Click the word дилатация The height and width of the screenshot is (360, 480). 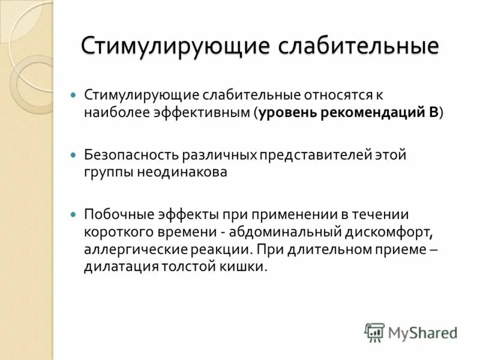click(121, 266)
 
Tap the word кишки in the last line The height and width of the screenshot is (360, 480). click(245, 266)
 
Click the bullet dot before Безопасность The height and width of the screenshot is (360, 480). click(74, 155)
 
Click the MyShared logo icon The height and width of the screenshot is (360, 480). click(374, 332)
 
